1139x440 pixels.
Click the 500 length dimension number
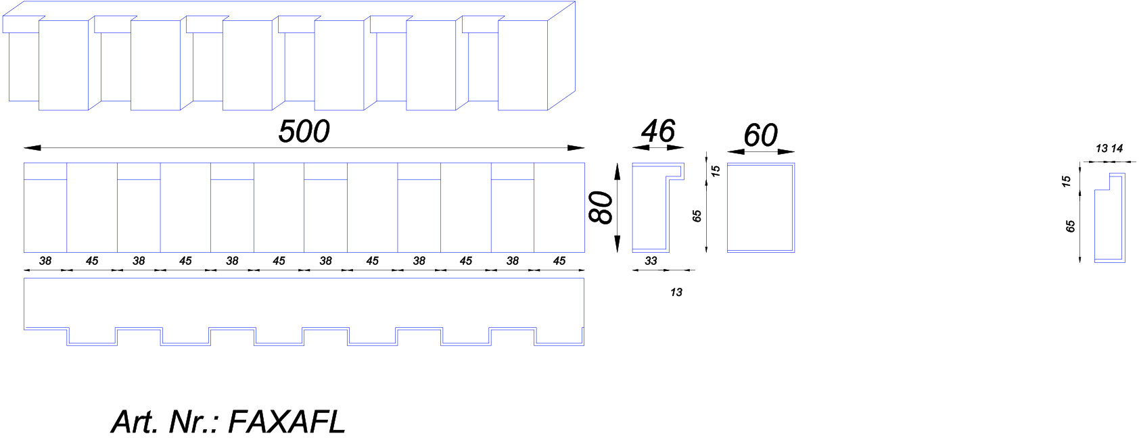click(x=304, y=131)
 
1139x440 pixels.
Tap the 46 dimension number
click(x=658, y=131)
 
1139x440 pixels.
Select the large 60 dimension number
click(x=761, y=135)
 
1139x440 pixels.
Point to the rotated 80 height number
click(x=601, y=207)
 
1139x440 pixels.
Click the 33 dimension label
click(x=651, y=261)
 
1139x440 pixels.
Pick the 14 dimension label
click(x=1117, y=149)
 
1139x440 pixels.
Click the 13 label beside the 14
click(x=1101, y=149)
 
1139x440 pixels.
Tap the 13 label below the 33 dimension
click(x=676, y=292)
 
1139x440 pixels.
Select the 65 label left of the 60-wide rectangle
click(x=697, y=216)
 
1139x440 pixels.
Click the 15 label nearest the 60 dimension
click(x=716, y=171)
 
